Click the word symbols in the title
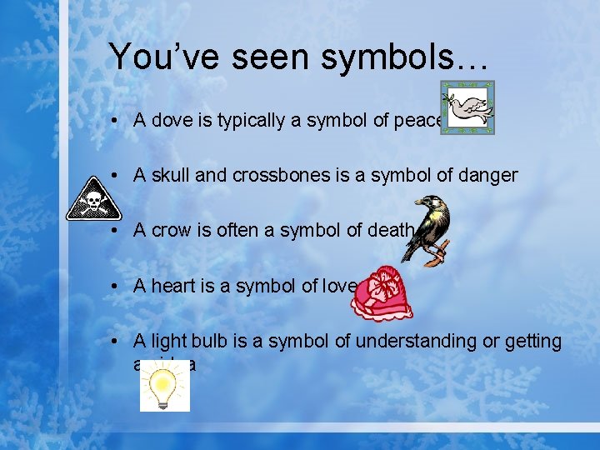coord(367,57)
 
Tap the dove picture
coord(467,107)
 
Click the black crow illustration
coord(432,230)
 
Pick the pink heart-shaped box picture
coord(381,293)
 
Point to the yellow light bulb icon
coord(164,387)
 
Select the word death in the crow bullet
coord(388,231)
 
